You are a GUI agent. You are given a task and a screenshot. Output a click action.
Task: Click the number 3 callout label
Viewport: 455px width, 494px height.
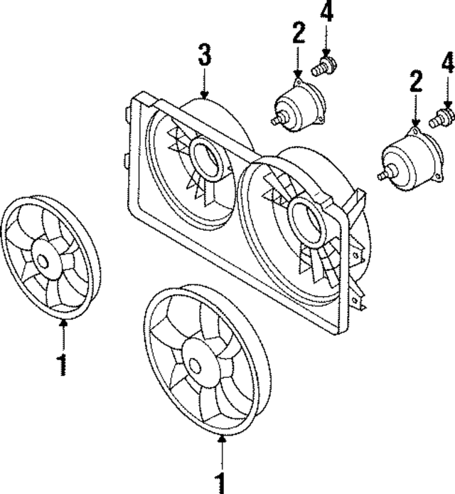204,53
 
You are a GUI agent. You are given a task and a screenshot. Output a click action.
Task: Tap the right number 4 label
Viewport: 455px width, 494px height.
447,64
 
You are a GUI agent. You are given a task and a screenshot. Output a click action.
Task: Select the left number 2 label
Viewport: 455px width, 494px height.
299,35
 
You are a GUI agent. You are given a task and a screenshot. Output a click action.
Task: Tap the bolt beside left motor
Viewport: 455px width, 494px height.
324,68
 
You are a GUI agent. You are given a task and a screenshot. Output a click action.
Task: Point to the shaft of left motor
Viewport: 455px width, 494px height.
277,120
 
